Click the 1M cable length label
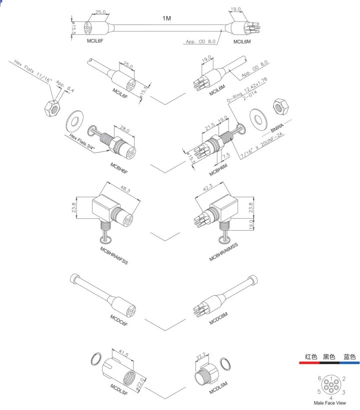click(x=166, y=18)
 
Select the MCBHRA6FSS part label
click(x=114, y=255)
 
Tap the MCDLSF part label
click(x=118, y=389)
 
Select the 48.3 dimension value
click(x=125, y=190)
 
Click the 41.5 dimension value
click(x=123, y=355)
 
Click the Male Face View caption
click(x=329, y=403)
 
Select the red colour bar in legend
click(x=310, y=363)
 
